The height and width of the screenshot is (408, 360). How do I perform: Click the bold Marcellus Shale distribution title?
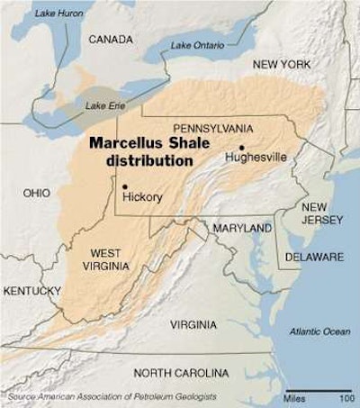point(140,151)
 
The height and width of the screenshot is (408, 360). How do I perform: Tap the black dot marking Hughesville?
point(242,147)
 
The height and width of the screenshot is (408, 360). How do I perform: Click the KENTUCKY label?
point(31,290)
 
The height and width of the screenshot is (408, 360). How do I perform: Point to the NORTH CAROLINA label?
point(185,372)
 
